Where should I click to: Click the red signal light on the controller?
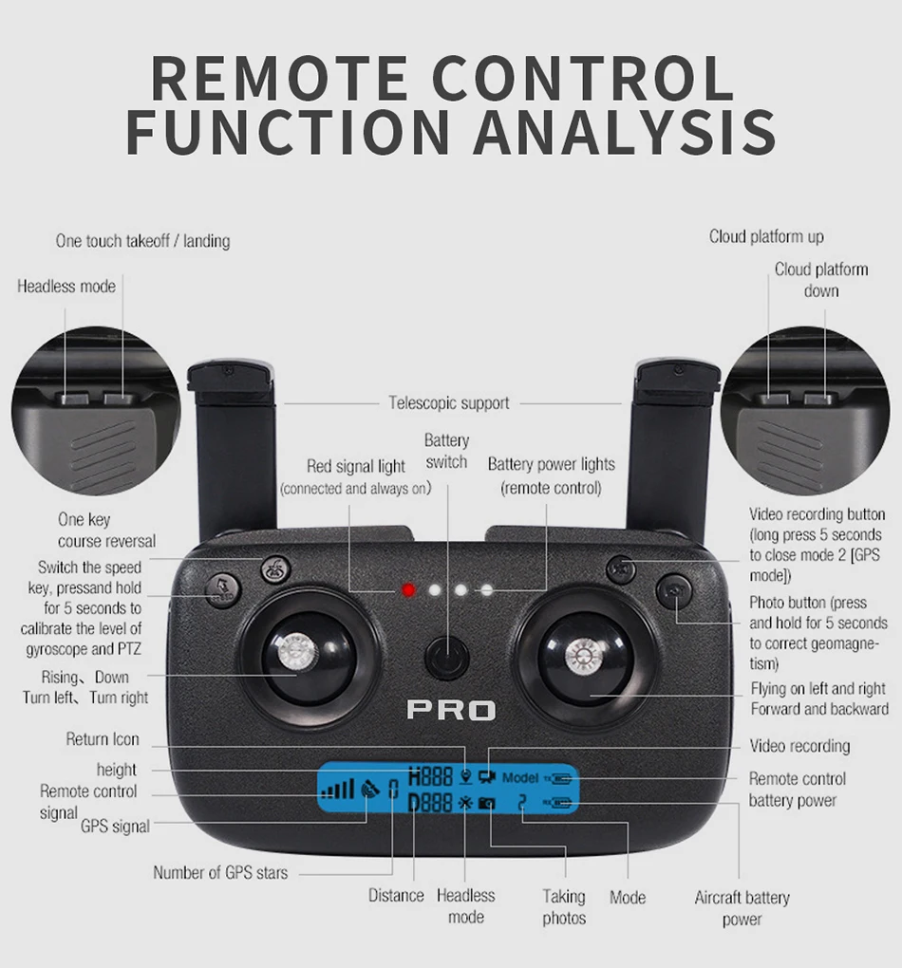pyautogui.click(x=408, y=590)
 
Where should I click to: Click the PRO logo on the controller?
pyautogui.click(x=451, y=710)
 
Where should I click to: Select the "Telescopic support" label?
pyautogui.click(x=449, y=403)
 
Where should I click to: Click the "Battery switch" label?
pyautogui.click(x=446, y=451)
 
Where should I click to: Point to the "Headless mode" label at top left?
pyautogui.click(x=66, y=287)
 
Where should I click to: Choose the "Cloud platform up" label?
pyautogui.click(x=766, y=237)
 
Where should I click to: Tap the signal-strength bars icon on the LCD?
pyautogui.click(x=337, y=789)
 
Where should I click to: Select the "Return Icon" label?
pyautogui.click(x=103, y=739)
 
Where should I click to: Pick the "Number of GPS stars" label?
pyautogui.click(x=220, y=873)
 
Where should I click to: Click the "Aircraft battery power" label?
pyautogui.click(x=742, y=908)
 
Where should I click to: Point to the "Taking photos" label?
pyautogui.click(x=564, y=907)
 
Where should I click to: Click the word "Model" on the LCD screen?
pyautogui.click(x=520, y=777)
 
